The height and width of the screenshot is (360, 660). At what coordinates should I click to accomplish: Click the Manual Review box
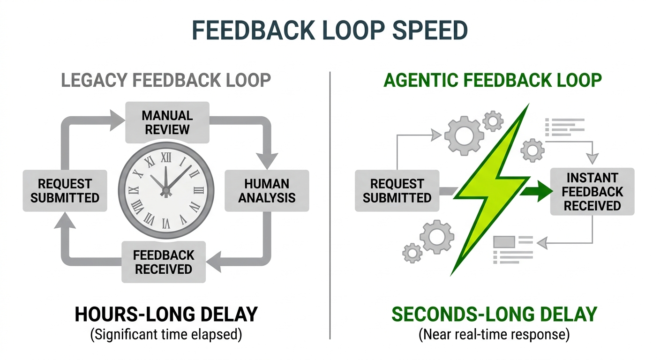coord(167,122)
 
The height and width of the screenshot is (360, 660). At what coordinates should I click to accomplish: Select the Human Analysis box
coord(267,190)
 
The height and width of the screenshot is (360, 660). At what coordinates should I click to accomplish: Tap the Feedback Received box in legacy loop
coord(163,262)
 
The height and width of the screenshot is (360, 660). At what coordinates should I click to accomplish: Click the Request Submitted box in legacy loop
coord(65,190)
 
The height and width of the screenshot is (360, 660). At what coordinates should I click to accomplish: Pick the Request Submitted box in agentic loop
coord(397,190)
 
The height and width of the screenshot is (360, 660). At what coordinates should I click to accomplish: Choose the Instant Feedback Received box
coord(592,192)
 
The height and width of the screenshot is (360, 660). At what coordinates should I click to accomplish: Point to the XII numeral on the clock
coord(166,157)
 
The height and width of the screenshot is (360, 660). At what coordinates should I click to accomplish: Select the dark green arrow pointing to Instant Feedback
coord(538,191)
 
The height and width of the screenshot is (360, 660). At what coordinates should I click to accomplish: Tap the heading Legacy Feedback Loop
coord(166,80)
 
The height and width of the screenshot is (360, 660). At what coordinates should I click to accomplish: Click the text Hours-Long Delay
coord(166,314)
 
